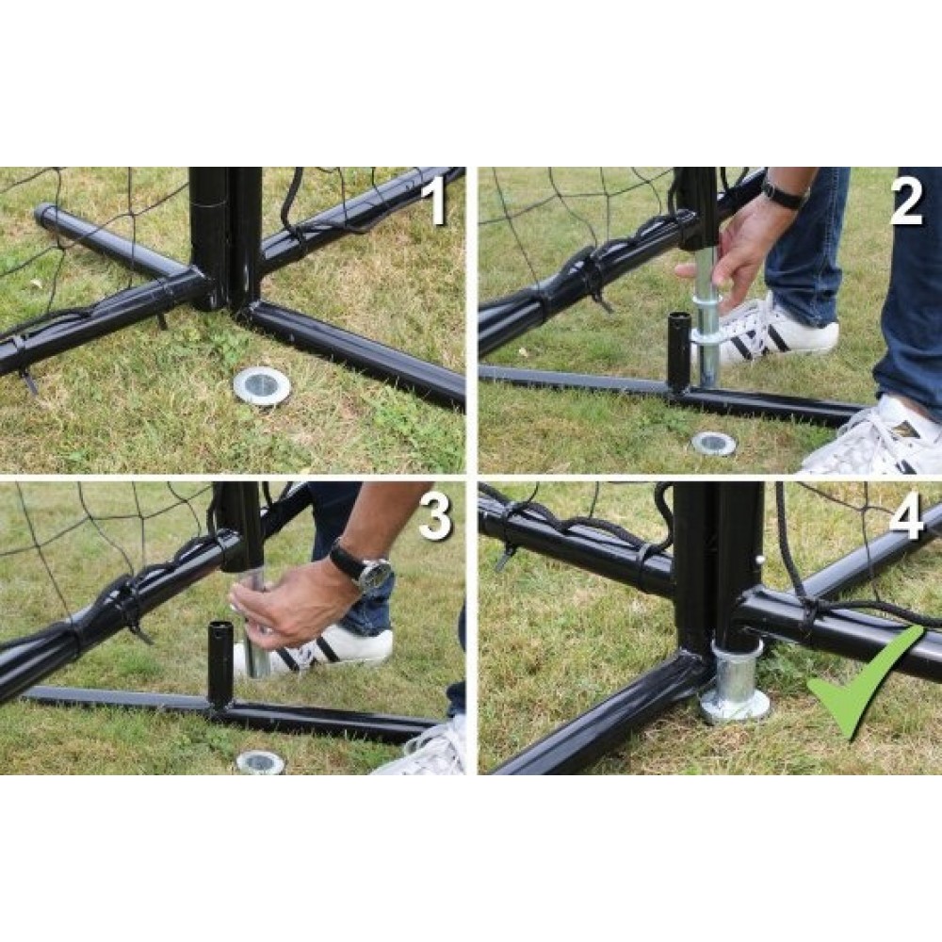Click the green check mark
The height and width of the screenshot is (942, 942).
pyautogui.click(x=865, y=685)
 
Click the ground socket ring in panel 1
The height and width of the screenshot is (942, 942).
pyautogui.click(x=261, y=385)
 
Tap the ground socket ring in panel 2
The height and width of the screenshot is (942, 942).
pyautogui.click(x=714, y=444)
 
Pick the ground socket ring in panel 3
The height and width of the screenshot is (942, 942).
pyautogui.click(x=260, y=762)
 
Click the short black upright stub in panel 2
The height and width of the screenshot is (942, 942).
pyautogui.click(x=679, y=351)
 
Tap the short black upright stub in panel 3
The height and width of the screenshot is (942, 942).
pyautogui.click(x=219, y=665)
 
